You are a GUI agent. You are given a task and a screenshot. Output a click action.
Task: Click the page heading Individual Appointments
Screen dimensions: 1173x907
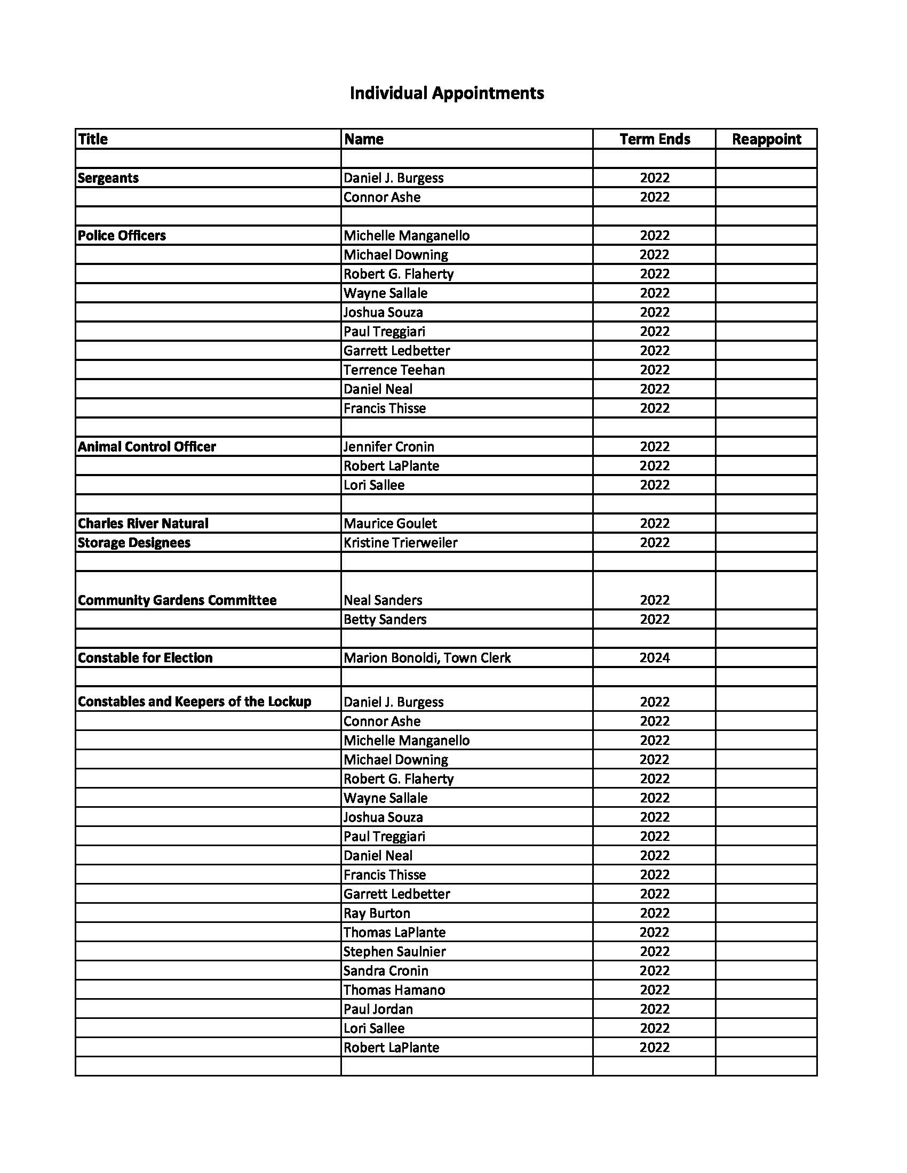(447, 93)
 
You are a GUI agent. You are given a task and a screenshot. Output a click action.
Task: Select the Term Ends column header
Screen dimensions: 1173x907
(655, 139)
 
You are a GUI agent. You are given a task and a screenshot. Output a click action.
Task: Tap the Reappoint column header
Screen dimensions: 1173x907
(766, 139)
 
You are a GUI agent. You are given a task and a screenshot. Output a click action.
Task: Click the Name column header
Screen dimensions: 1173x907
(364, 139)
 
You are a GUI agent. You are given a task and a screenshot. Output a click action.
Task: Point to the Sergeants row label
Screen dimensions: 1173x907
(108, 178)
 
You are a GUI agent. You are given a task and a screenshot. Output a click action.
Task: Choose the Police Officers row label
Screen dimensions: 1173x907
(122, 235)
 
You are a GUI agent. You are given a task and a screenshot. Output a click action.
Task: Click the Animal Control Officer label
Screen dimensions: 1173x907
(147, 446)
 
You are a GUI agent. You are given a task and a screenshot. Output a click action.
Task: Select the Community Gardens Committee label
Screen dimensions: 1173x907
(177, 600)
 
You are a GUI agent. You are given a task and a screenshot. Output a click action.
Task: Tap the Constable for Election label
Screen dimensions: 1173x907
(145, 657)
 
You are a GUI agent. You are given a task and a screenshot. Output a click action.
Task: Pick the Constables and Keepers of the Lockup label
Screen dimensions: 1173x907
(195, 702)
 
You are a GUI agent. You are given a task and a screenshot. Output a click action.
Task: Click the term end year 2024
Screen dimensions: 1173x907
(655, 657)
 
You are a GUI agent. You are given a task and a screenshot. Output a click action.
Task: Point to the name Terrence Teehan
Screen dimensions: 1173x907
(394, 369)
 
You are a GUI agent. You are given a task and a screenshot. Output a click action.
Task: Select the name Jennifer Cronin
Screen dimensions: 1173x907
(388, 446)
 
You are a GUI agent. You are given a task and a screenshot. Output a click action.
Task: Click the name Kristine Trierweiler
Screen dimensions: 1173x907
(400, 542)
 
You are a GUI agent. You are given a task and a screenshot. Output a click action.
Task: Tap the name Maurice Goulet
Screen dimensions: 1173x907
(390, 523)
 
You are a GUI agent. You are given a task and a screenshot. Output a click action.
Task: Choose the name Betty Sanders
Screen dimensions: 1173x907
(385, 619)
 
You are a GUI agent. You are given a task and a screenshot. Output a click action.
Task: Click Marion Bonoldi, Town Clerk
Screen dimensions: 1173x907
(427, 657)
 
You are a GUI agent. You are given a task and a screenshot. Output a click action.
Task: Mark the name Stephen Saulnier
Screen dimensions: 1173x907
(394, 951)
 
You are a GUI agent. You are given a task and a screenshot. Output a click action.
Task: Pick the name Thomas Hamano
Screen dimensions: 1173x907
(394, 989)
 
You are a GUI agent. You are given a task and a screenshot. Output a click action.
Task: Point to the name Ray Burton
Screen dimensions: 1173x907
(377, 913)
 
